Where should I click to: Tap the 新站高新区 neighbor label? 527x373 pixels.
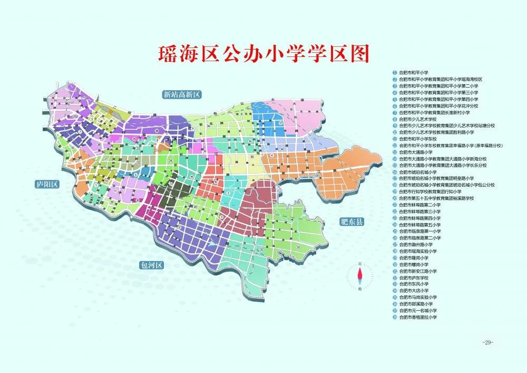pos(182,94)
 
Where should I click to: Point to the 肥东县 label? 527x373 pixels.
pos(352,222)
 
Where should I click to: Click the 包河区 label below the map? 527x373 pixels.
pos(153,265)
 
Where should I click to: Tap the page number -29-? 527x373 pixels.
pos(487,343)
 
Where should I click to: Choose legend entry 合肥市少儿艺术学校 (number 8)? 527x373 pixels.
pos(416,119)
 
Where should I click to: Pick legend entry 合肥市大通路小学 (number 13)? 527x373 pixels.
pos(416,152)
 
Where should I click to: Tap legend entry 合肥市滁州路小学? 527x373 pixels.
pos(416,244)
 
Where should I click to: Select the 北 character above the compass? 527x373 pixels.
pos(360,263)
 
